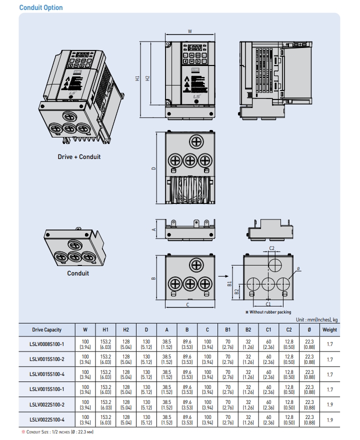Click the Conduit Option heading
[x=41, y=7]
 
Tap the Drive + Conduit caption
[x=79, y=156]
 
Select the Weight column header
[x=329, y=329]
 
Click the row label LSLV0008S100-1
[x=46, y=344]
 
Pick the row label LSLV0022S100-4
[x=46, y=419]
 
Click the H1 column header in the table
[x=105, y=329]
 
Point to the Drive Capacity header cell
[x=46, y=329]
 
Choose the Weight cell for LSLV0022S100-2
[x=329, y=404]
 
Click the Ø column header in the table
[x=309, y=329]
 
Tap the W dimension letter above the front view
[x=190, y=31]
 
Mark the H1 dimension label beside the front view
[x=137, y=78]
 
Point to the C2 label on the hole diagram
[x=272, y=248]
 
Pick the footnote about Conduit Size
[x=58, y=431]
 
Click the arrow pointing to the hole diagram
[x=223, y=274]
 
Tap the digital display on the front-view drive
[x=195, y=48]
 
